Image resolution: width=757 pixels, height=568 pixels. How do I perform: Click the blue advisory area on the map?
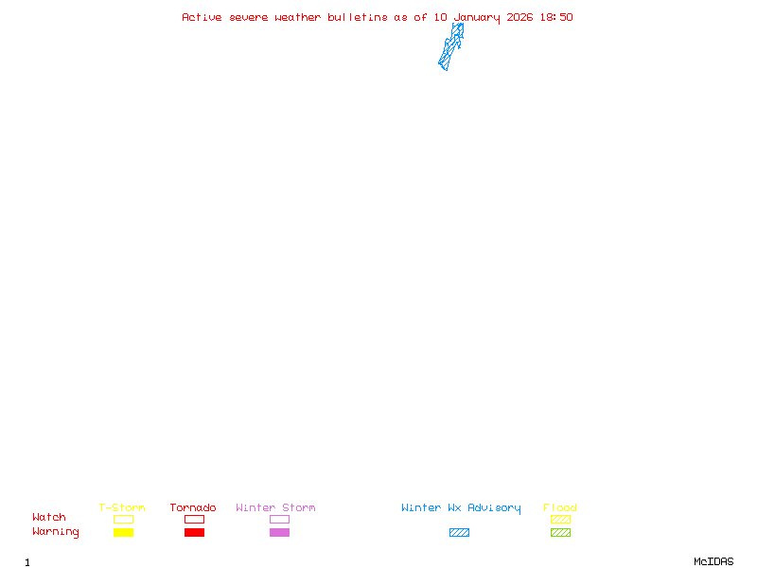tap(450, 47)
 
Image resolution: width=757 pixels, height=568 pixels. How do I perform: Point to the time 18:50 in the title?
tap(556, 17)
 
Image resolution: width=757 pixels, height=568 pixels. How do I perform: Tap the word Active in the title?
tap(202, 17)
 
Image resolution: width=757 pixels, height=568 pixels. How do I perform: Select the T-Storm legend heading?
tap(122, 508)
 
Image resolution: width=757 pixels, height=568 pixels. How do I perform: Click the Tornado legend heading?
tap(193, 508)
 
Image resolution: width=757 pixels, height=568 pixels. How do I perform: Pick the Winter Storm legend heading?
tap(275, 508)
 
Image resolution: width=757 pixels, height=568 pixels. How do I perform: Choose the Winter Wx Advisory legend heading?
tap(461, 508)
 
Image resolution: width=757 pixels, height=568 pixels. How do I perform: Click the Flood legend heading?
tap(560, 508)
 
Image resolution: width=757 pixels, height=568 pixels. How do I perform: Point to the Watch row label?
tap(49, 518)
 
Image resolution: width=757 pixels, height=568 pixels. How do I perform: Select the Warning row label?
tap(56, 532)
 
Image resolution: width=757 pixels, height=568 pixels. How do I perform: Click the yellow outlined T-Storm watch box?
tap(123, 519)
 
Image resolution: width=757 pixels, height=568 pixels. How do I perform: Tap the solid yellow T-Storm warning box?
tap(123, 533)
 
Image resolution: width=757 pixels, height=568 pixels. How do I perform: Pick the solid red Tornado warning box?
tap(194, 533)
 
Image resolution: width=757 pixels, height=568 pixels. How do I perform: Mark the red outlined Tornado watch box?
tap(194, 519)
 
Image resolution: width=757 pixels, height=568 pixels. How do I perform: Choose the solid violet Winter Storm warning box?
tap(279, 533)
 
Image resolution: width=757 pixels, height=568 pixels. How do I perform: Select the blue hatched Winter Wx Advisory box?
tap(459, 533)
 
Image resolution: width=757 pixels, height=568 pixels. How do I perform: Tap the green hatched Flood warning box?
tap(560, 533)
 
